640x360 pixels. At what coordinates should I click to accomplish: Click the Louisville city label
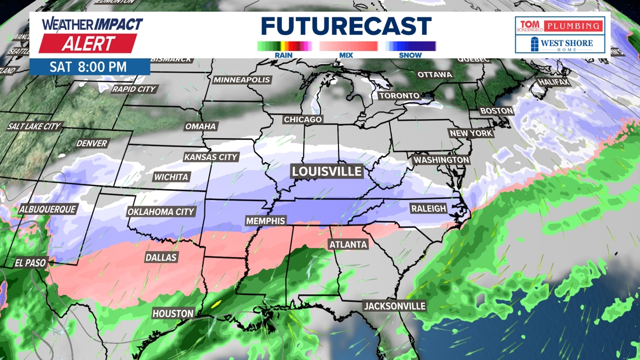(326, 171)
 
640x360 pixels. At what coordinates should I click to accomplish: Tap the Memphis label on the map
(266, 221)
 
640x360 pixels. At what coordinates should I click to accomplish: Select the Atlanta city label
(348, 244)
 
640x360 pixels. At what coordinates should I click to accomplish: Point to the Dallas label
(161, 257)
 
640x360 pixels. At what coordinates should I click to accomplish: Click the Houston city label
(173, 313)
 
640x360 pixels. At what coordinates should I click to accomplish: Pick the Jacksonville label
(395, 306)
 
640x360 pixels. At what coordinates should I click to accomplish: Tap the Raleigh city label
(428, 208)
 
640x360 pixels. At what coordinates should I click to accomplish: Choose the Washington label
(441, 160)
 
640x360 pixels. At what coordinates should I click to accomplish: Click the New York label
(471, 133)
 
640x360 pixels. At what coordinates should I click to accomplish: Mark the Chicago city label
(303, 120)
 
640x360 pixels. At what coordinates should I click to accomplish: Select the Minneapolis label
(242, 80)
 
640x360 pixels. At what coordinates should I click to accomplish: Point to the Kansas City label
(211, 157)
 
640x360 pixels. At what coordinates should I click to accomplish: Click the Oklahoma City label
(161, 212)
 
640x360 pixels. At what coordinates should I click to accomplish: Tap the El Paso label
(31, 262)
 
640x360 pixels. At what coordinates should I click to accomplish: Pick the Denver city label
(92, 143)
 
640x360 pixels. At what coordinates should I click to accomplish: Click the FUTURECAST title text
(346, 26)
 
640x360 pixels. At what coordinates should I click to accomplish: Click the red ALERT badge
(88, 43)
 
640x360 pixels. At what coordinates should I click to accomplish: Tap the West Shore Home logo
(560, 43)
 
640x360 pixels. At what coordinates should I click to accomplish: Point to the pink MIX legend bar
(348, 47)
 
